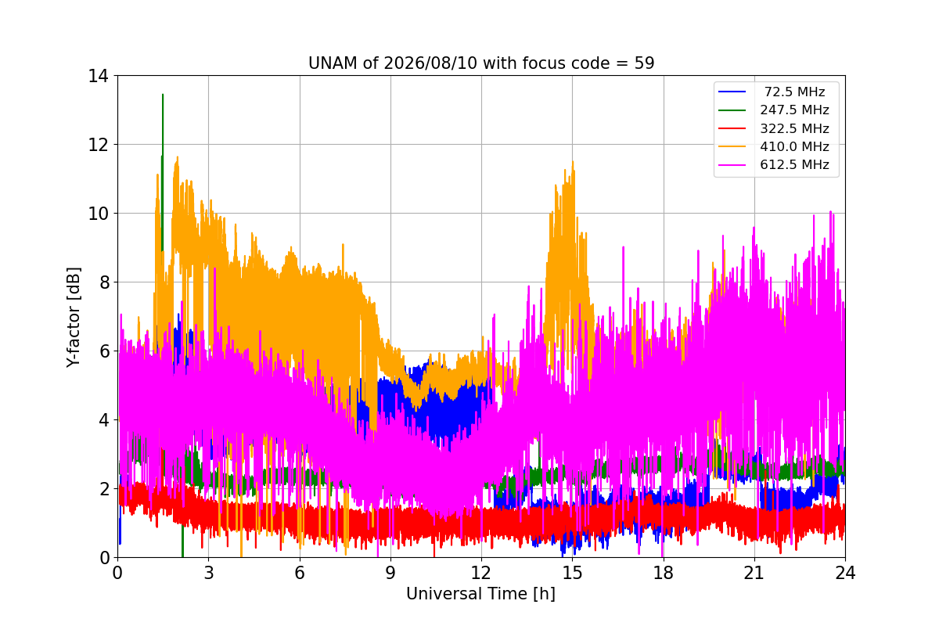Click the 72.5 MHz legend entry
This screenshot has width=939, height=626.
point(794,92)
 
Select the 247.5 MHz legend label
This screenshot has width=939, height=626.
point(794,110)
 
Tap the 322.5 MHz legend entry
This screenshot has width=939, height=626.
point(794,128)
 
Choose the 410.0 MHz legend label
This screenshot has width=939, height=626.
point(794,146)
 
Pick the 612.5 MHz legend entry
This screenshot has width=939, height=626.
point(794,164)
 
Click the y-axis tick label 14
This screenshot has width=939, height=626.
point(98,77)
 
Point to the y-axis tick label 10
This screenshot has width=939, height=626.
point(98,214)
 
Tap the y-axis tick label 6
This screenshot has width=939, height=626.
point(104,351)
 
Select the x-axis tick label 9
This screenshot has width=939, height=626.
point(390,573)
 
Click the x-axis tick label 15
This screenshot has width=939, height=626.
point(572,573)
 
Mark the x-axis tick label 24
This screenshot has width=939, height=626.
point(845,573)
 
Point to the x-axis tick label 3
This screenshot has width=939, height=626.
point(209,573)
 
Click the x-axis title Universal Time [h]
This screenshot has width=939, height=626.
point(480,594)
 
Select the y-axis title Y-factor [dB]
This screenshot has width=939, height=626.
point(74,318)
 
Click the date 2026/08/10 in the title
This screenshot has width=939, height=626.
point(430,63)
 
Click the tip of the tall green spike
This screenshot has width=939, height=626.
point(163,95)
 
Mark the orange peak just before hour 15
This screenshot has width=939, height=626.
point(573,162)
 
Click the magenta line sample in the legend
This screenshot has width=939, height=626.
point(732,165)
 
